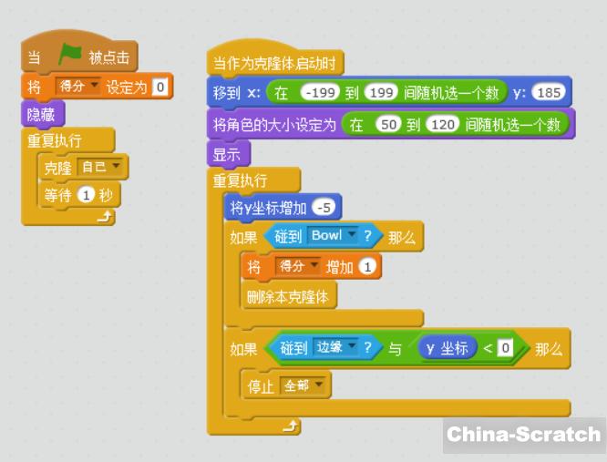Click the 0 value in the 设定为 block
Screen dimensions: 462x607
coord(160,87)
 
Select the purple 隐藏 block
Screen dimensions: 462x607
coord(42,115)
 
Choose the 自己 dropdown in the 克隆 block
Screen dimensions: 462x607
coord(101,168)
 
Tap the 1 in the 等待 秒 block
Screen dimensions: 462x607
coord(87,194)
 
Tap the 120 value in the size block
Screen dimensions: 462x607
coord(441,124)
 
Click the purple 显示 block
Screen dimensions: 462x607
coord(227,154)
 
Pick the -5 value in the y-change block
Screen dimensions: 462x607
coord(324,208)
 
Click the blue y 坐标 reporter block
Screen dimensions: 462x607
coord(447,348)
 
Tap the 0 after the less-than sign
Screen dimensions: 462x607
coord(503,347)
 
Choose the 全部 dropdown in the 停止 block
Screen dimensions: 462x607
coord(303,385)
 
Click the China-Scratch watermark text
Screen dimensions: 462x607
coord(524,434)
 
